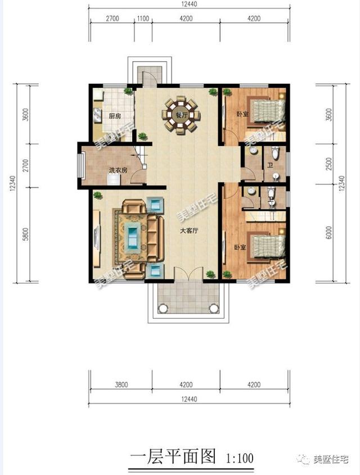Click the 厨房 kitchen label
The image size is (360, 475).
(115, 116)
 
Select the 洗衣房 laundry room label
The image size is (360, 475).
(117, 170)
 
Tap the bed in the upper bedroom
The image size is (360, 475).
(264, 111)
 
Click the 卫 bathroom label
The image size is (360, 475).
(270, 165)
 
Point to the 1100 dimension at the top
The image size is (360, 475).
(142, 18)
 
